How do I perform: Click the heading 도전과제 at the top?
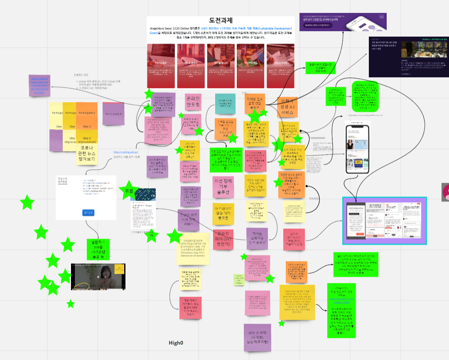click(x=221, y=20)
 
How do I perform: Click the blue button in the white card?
click(x=89, y=213)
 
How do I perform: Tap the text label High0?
click(x=176, y=343)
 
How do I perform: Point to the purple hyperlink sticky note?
click(x=42, y=85)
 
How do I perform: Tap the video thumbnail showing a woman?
click(x=98, y=277)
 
